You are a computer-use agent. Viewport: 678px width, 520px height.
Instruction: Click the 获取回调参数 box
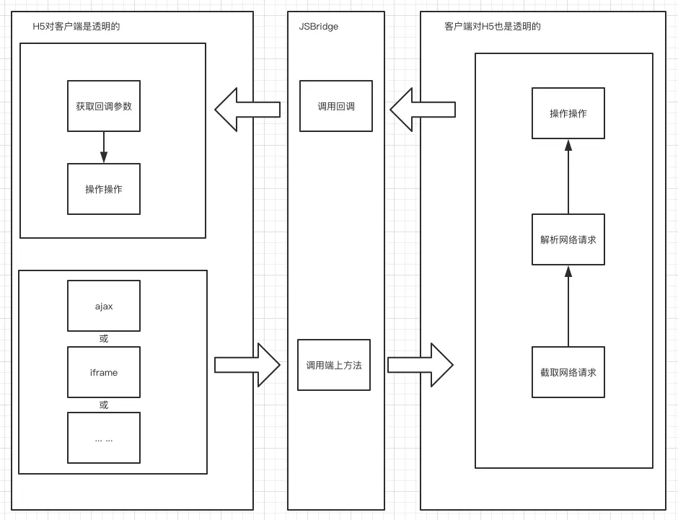[104, 106]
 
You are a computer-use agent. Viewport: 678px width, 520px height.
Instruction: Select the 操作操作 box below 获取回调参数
[104, 189]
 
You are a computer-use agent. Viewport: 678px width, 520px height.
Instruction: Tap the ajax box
[104, 306]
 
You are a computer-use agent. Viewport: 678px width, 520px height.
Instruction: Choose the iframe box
[104, 372]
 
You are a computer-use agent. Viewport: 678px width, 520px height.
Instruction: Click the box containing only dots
[104, 438]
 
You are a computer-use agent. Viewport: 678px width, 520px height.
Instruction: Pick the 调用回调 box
[336, 106]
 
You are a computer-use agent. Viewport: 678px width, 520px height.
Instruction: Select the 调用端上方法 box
[334, 365]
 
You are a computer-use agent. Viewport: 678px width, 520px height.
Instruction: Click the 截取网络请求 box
[568, 372]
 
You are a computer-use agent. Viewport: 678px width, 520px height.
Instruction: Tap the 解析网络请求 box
[568, 239]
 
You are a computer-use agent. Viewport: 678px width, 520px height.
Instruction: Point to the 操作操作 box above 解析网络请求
[568, 113]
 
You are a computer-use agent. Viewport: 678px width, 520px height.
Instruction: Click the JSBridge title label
[319, 27]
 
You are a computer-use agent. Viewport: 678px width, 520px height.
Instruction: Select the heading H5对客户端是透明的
[76, 27]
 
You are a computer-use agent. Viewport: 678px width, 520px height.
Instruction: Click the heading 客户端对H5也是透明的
[493, 27]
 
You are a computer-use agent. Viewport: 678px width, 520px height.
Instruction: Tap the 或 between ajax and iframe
[104, 339]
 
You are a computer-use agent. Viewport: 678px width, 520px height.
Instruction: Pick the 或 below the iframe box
[104, 405]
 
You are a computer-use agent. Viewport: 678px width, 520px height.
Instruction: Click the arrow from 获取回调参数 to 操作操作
[104, 147]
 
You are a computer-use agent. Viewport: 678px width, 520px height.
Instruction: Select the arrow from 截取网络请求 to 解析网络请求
[568, 306]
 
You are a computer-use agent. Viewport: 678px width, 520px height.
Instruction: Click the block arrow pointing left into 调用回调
[423, 110]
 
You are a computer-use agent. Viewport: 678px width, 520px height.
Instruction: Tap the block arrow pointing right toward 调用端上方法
[247, 365]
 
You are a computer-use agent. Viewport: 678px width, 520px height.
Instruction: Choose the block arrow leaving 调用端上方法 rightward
[421, 365]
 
